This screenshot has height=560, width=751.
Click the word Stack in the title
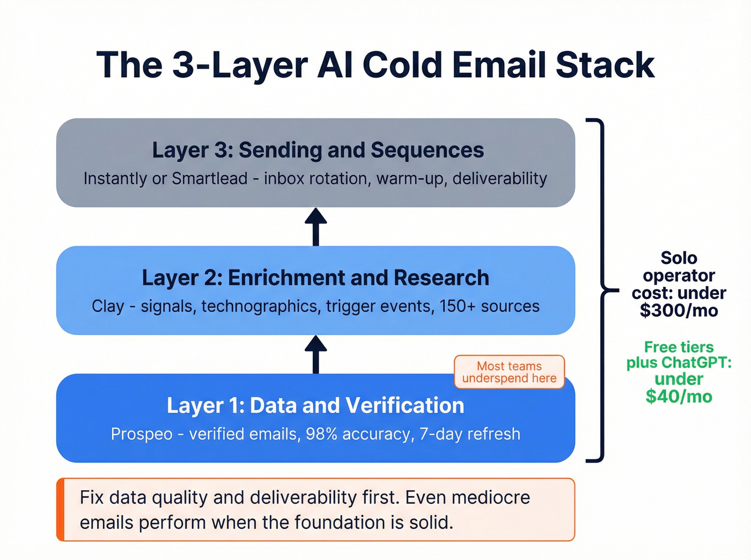tap(605, 65)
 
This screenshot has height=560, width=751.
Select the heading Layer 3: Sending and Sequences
tap(318, 150)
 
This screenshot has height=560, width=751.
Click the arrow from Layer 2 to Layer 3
tap(316, 226)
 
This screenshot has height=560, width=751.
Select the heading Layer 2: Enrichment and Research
tap(315, 278)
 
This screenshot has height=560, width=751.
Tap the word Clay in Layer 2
tap(108, 307)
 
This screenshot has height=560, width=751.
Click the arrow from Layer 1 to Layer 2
tap(316, 354)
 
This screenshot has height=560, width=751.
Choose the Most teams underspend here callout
tap(509, 372)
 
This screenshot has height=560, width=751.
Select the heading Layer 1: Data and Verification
tap(315, 406)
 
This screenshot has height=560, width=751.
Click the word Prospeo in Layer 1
tap(142, 434)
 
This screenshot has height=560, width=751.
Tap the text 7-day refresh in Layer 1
tap(470, 434)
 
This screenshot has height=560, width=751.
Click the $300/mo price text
tap(679, 311)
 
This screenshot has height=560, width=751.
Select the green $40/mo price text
tap(679, 397)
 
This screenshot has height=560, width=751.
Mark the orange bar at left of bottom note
tap(61, 510)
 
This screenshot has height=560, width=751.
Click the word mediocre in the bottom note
tap(490, 497)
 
